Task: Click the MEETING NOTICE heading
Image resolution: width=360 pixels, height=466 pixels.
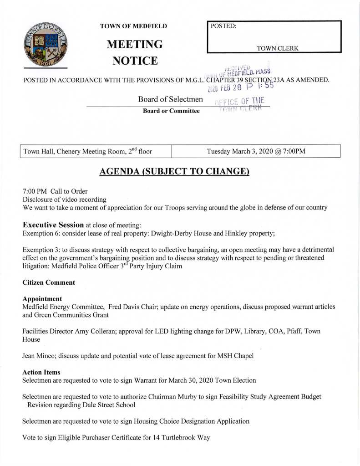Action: (x=134, y=52)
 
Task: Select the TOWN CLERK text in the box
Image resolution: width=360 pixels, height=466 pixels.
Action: (x=278, y=48)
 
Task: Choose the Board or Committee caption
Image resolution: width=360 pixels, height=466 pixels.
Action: (x=171, y=111)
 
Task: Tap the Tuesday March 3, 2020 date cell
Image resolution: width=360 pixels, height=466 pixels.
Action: (x=256, y=151)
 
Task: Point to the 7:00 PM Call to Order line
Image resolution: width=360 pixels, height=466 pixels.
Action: (x=55, y=191)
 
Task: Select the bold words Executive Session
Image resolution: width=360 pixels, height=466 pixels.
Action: (x=53, y=225)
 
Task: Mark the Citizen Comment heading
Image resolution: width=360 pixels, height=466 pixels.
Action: (x=49, y=282)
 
